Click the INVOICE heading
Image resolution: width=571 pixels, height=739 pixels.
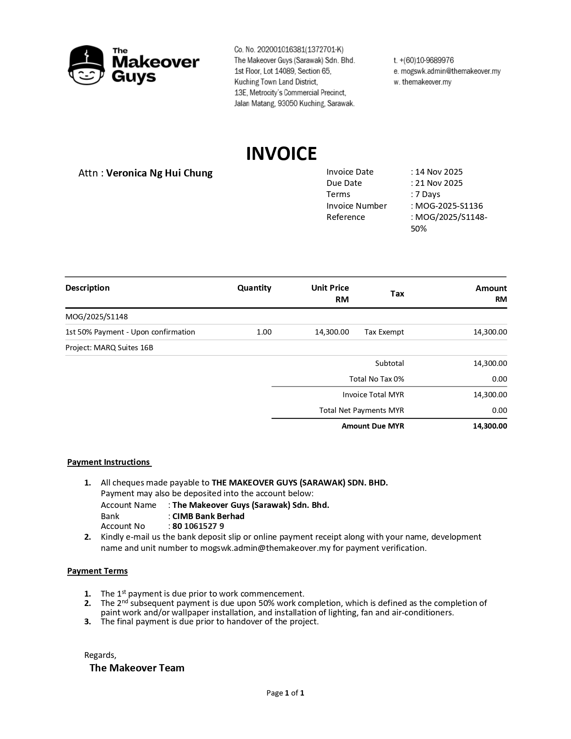pos(281,154)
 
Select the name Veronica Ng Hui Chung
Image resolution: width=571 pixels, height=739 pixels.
pos(159,173)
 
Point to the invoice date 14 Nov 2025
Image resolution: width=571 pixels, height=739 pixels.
pos(438,172)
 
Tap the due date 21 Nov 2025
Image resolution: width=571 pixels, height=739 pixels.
pos(438,183)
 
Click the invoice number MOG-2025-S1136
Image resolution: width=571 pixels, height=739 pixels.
pos(449,206)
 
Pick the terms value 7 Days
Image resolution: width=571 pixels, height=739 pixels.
pos(427,194)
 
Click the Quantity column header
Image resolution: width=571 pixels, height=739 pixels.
pos(254,288)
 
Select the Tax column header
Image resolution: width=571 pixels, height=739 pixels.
pos(397,294)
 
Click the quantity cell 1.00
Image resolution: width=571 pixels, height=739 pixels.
pos(264,332)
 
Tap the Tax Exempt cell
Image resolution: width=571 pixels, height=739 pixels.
pos(384,332)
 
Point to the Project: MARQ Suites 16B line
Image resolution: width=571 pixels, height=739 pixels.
pos(109,348)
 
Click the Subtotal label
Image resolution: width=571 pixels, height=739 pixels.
pos(389,364)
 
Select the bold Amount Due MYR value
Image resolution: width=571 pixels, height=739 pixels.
pos(489,426)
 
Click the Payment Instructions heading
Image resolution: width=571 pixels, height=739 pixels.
pos(109,462)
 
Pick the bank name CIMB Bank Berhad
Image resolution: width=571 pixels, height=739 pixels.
pos(208,516)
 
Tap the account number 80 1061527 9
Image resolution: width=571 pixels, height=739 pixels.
pos(198,526)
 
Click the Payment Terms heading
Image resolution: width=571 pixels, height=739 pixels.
pos(97,571)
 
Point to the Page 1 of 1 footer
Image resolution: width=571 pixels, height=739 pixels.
pos(285,693)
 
